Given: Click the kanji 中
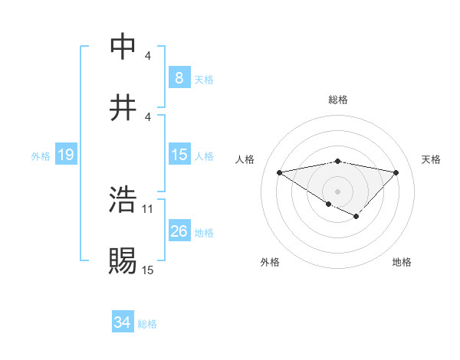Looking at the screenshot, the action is tap(123, 47).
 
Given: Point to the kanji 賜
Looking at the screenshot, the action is tap(123, 260).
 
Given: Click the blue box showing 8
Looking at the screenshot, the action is tap(179, 77).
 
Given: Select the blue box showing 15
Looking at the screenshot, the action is tap(179, 155).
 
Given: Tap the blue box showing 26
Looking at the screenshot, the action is tap(179, 231).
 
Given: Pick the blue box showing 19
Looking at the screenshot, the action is tap(66, 155).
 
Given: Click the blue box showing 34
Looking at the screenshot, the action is tap(122, 323).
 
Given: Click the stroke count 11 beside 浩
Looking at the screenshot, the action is tap(148, 208).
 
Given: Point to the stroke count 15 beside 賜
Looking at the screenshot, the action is tap(148, 270).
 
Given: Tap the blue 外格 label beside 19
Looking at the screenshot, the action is tap(41, 156).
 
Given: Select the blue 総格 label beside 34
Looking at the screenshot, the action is tap(147, 324).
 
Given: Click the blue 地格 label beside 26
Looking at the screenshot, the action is tap(204, 232).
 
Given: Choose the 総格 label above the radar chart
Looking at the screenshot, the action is tap(338, 100).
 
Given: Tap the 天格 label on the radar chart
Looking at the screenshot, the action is tap(432, 159).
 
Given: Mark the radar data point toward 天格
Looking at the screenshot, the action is tap(396, 172).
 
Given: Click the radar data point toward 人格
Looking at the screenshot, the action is tap(280, 172).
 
